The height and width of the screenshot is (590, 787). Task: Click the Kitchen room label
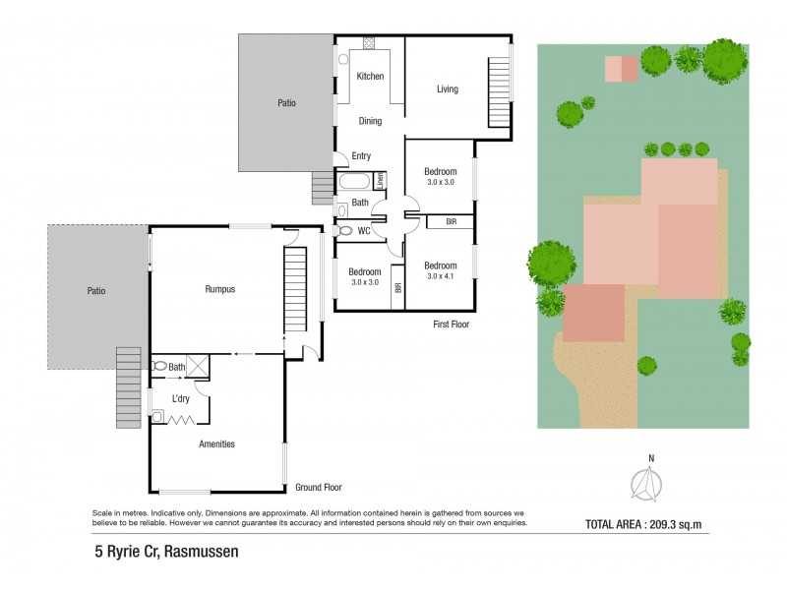click(370, 77)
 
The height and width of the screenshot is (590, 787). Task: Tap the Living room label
click(448, 89)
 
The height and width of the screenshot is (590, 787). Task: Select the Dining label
click(370, 121)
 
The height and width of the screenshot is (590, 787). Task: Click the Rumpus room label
click(219, 289)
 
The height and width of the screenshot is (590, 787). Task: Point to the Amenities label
click(216, 443)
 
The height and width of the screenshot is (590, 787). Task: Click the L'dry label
click(181, 398)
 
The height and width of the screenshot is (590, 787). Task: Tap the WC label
click(364, 231)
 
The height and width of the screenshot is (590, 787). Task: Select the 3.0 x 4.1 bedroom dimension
click(441, 276)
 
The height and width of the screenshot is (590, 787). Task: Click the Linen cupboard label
click(379, 181)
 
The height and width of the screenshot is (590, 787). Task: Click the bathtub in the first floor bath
click(353, 181)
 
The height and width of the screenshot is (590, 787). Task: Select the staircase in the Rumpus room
click(296, 290)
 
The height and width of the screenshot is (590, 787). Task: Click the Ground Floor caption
click(318, 487)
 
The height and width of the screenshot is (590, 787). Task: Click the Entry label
click(361, 156)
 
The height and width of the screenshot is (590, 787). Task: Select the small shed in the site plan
click(621, 68)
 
